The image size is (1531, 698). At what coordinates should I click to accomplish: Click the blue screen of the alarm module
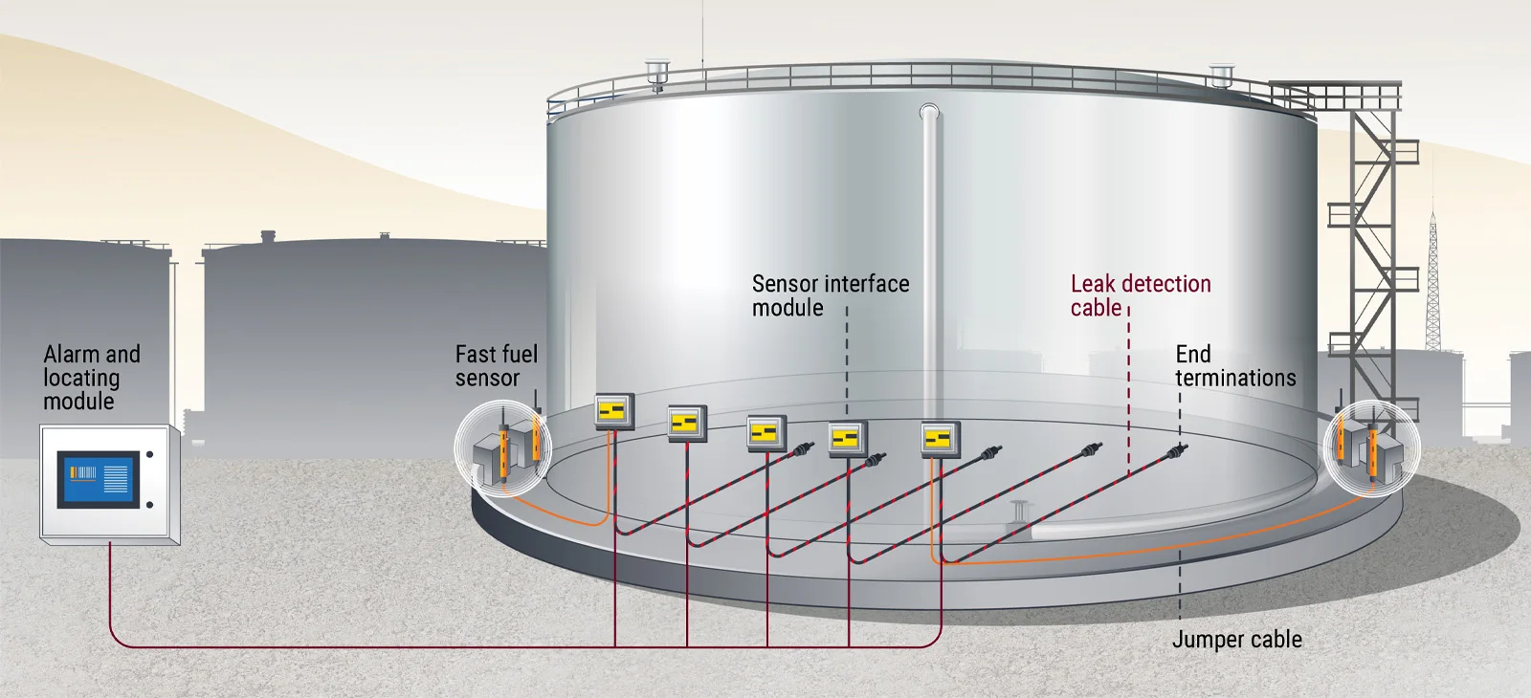pyautogui.click(x=100, y=480)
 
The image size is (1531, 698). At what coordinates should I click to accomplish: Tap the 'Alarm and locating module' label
pyautogui.click(x=91, y=378)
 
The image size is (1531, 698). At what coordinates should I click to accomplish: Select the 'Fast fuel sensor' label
pyautogui.click(x=496, y=366)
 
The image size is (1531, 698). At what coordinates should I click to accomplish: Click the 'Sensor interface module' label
pyautogui.click(x=830, y=295)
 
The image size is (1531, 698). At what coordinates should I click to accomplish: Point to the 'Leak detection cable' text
pyautogui.click(x=1140, y=295)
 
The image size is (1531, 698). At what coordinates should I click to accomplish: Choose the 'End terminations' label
pyautogui.click(x=1234, y=366)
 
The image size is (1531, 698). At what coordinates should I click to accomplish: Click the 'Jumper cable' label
pyautogui.click(x=1236, y=640)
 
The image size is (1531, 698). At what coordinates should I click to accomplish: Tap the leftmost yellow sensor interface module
pyautogui.click(x=613, y=411)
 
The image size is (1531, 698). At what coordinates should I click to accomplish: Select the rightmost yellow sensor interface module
pyautogui.click(x=940, y=439)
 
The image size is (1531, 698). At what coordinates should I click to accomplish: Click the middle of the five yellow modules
pyautogui.click(x=765, y=432)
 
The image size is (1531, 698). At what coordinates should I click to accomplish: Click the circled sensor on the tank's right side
pyautogui.click(x=1370, y=447)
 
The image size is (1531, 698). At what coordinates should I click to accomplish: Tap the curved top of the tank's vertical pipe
pyautogui.click(x=929, y=113)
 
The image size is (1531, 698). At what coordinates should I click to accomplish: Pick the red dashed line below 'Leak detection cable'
pyautogui.click(x=1129, y=392)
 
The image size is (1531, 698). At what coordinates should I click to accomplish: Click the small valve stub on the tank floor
pyautogui.click(x=1018, y=509)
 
